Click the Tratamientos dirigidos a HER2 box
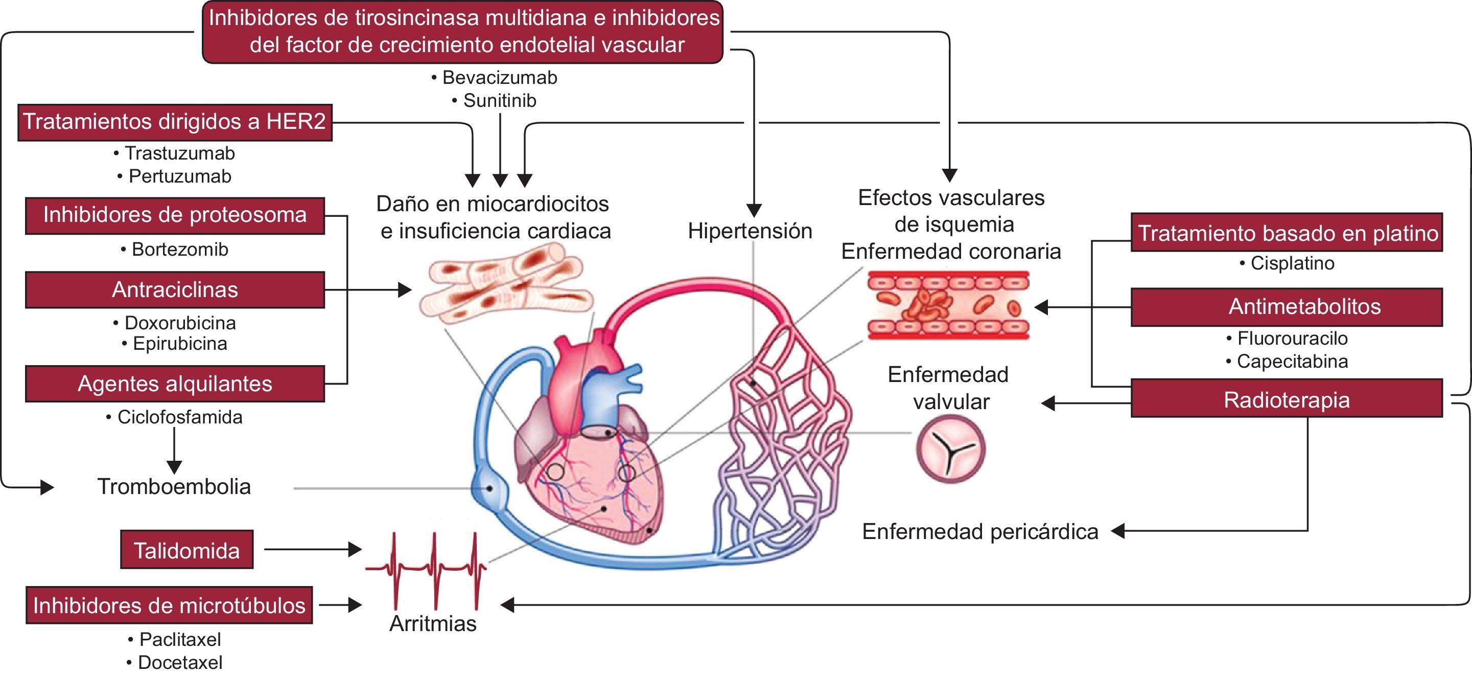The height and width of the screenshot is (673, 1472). coord(174,122)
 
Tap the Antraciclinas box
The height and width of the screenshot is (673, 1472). coord(175,289)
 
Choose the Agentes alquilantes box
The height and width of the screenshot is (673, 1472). coord(175,383)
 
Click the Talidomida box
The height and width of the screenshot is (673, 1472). coord(186,550)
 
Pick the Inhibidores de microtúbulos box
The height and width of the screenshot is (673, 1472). coord(169,605)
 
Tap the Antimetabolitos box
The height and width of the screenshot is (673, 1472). coord(1287,307)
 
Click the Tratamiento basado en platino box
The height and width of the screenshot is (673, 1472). coord(1287,233)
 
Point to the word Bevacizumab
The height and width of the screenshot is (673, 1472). coord(499,77)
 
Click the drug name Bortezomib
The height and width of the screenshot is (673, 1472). coord(179,249)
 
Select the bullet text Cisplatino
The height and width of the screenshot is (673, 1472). coord(1292,263)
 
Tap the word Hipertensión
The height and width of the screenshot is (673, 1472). coord(750,231)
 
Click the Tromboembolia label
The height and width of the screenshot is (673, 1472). coord(174,487)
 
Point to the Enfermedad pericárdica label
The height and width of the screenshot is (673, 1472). coord(980,532)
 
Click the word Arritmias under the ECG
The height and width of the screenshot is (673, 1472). coord(433,623)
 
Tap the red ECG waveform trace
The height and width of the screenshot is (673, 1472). coord(426,569)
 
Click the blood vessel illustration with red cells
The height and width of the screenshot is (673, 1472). coord(949,305)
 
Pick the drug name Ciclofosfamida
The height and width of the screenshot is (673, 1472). coord(179,417)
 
